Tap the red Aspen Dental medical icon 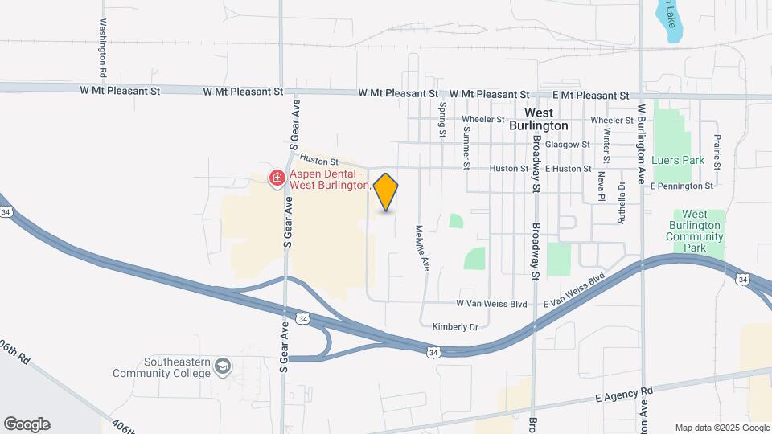click(x=277, y=177)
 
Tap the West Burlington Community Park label click(x=695, y=231)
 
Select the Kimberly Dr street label click(x=455, y=327)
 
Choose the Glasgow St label click(x=568, y=145)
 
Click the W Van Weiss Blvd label click(x=491, y=304)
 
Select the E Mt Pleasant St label click(x=585, y=96)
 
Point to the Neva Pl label click(x=602, y=186)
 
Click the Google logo click(x=27, y=424)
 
